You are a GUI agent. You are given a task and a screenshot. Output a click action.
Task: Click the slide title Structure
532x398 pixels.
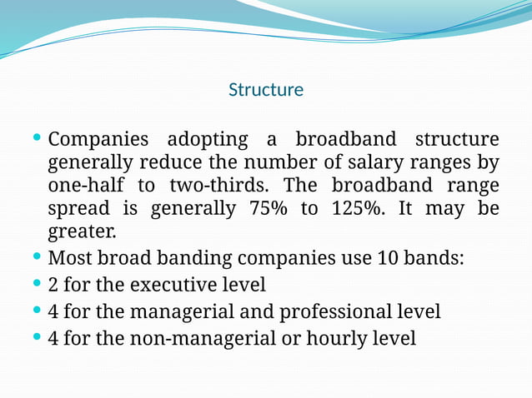tap(266, 89)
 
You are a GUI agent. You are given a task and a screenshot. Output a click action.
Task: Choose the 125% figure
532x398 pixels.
tap(356, 207)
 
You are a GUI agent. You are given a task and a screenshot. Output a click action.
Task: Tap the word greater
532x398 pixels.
tap(83, 231)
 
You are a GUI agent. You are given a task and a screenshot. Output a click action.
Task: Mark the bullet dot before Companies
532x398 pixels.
tap(37, 137)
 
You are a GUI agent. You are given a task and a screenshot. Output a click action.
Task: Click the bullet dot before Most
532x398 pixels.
tap(37, 256)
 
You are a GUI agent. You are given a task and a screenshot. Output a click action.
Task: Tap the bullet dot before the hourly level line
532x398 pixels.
tap(37, 336)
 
